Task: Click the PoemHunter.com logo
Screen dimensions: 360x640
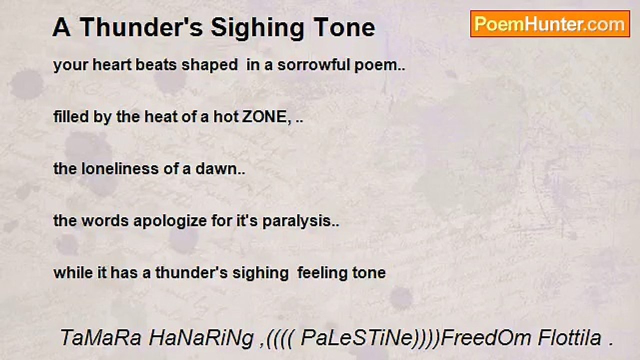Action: (550, 24)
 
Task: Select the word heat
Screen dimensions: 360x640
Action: (149, 117)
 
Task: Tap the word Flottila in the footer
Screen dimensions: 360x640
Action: (569, 338)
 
